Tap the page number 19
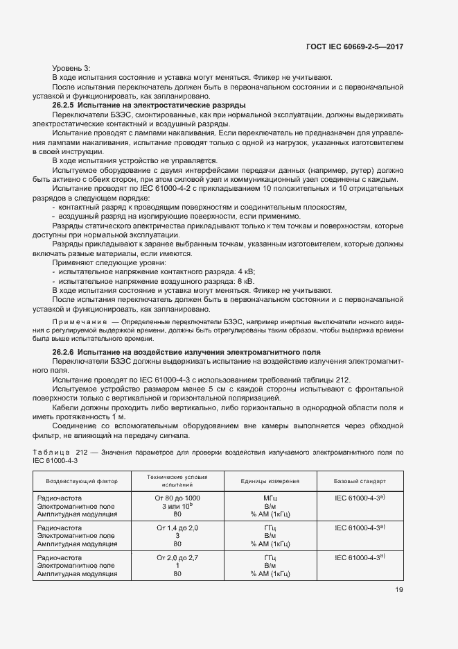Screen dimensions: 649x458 pos(399,590)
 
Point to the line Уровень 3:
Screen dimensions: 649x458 pos(71,68)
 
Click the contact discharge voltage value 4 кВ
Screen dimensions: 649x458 pos(245,271)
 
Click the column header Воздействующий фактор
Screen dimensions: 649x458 pos(82,481)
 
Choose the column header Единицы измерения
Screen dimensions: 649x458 pos(270,481)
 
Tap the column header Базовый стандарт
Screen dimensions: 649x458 pos(360,481)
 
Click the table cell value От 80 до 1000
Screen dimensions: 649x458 pos(177,498)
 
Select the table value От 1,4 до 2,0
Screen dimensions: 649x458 pos(177,528)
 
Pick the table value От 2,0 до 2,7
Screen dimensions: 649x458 pos(177,558)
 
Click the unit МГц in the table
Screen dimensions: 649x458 pos(270,498)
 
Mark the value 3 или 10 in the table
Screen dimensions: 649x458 pos(177,507)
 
